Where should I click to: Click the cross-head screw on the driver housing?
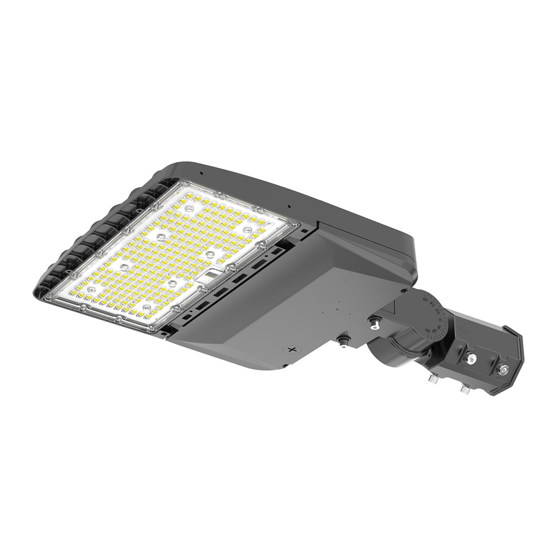290,349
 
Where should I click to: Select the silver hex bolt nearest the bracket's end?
503,369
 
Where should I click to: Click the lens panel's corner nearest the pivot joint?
294,225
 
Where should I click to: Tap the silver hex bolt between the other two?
472,358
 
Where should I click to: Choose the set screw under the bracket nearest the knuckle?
432,379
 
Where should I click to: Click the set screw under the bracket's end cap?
464,387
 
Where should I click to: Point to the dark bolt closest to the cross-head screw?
341,341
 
